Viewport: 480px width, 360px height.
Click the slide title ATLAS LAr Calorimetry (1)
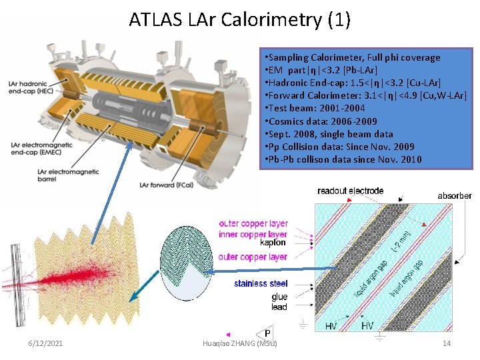[240, 19]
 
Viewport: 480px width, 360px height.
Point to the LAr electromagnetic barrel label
[41, 175]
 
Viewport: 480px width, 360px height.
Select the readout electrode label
[350, 191]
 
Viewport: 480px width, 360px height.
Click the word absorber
[455, 196]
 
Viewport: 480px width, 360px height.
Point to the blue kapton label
[273, 243]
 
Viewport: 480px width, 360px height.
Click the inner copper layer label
[253, 234]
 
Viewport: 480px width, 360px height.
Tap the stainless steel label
[261, 284]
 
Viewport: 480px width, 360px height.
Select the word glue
[279, 297]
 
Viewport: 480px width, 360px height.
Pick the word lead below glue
[279, 307]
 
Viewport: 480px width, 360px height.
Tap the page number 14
[447, 343]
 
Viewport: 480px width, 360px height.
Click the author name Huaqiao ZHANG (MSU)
[239, 343]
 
